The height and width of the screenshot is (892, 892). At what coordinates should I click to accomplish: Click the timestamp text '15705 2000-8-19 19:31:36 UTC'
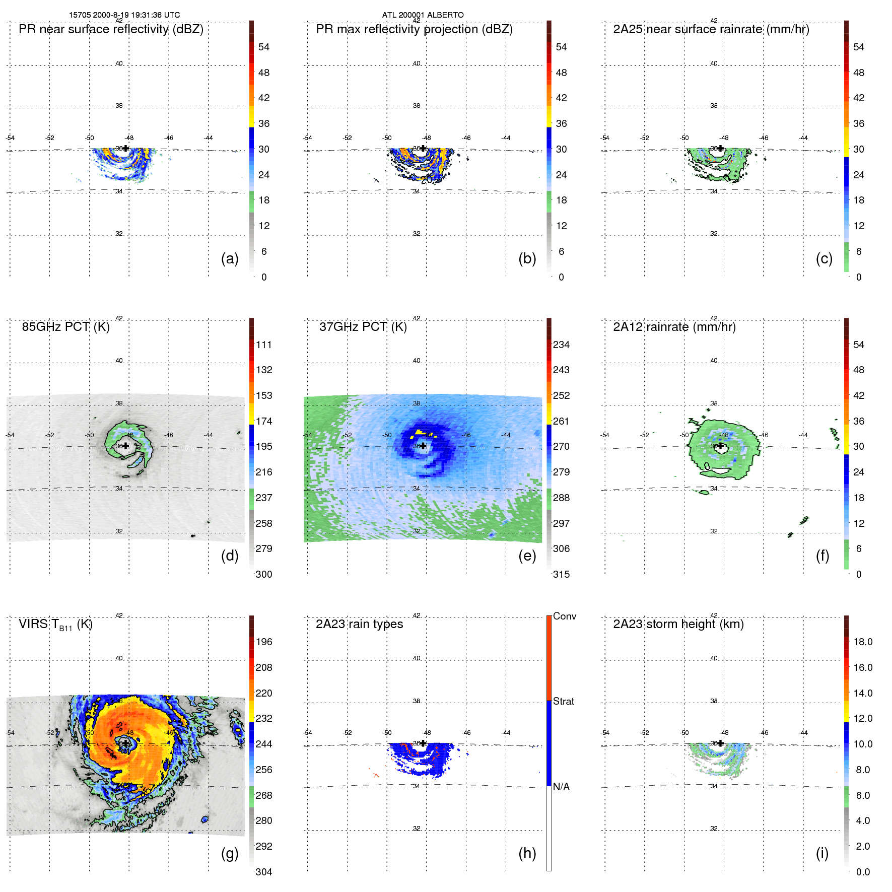(x=124, y=15)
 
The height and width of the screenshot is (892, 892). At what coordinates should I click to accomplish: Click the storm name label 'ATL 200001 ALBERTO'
(x=423, y=15)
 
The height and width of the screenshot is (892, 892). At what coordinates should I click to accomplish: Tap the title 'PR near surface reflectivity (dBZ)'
(x=111, y=29)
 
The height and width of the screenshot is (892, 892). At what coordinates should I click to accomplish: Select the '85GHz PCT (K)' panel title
(x=65, y=327)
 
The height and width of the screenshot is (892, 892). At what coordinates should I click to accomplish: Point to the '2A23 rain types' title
(x=359, y=624)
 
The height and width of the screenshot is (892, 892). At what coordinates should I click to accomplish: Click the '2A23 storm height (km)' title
(x=678, y=624)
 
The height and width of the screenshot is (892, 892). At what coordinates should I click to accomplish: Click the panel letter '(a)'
(x=230, y=258)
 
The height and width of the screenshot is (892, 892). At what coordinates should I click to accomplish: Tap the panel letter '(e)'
(x=527, y=556)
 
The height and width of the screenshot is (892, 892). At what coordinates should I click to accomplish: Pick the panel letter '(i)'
(x=822, y=853)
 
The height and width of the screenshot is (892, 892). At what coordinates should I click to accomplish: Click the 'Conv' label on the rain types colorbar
(x=564, y=616)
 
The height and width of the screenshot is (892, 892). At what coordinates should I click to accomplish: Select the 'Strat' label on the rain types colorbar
(x=563, y=701)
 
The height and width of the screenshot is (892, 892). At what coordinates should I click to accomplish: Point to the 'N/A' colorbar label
(x=561, y=787)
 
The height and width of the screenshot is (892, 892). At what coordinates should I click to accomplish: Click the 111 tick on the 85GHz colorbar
(x=264, y=345)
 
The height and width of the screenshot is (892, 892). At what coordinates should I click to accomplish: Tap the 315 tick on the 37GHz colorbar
(x=561, y=574)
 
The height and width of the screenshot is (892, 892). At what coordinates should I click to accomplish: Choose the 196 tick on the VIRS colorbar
(x=264, y=642)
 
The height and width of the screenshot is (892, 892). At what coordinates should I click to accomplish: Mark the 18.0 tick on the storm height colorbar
(x=863, y=642)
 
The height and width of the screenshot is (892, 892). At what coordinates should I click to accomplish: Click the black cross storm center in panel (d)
(x=125, y=446)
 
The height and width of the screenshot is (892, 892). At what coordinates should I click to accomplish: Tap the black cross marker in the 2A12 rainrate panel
(x=720, y=446)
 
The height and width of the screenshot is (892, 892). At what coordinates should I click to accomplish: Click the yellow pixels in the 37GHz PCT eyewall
(x=420, y=433)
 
